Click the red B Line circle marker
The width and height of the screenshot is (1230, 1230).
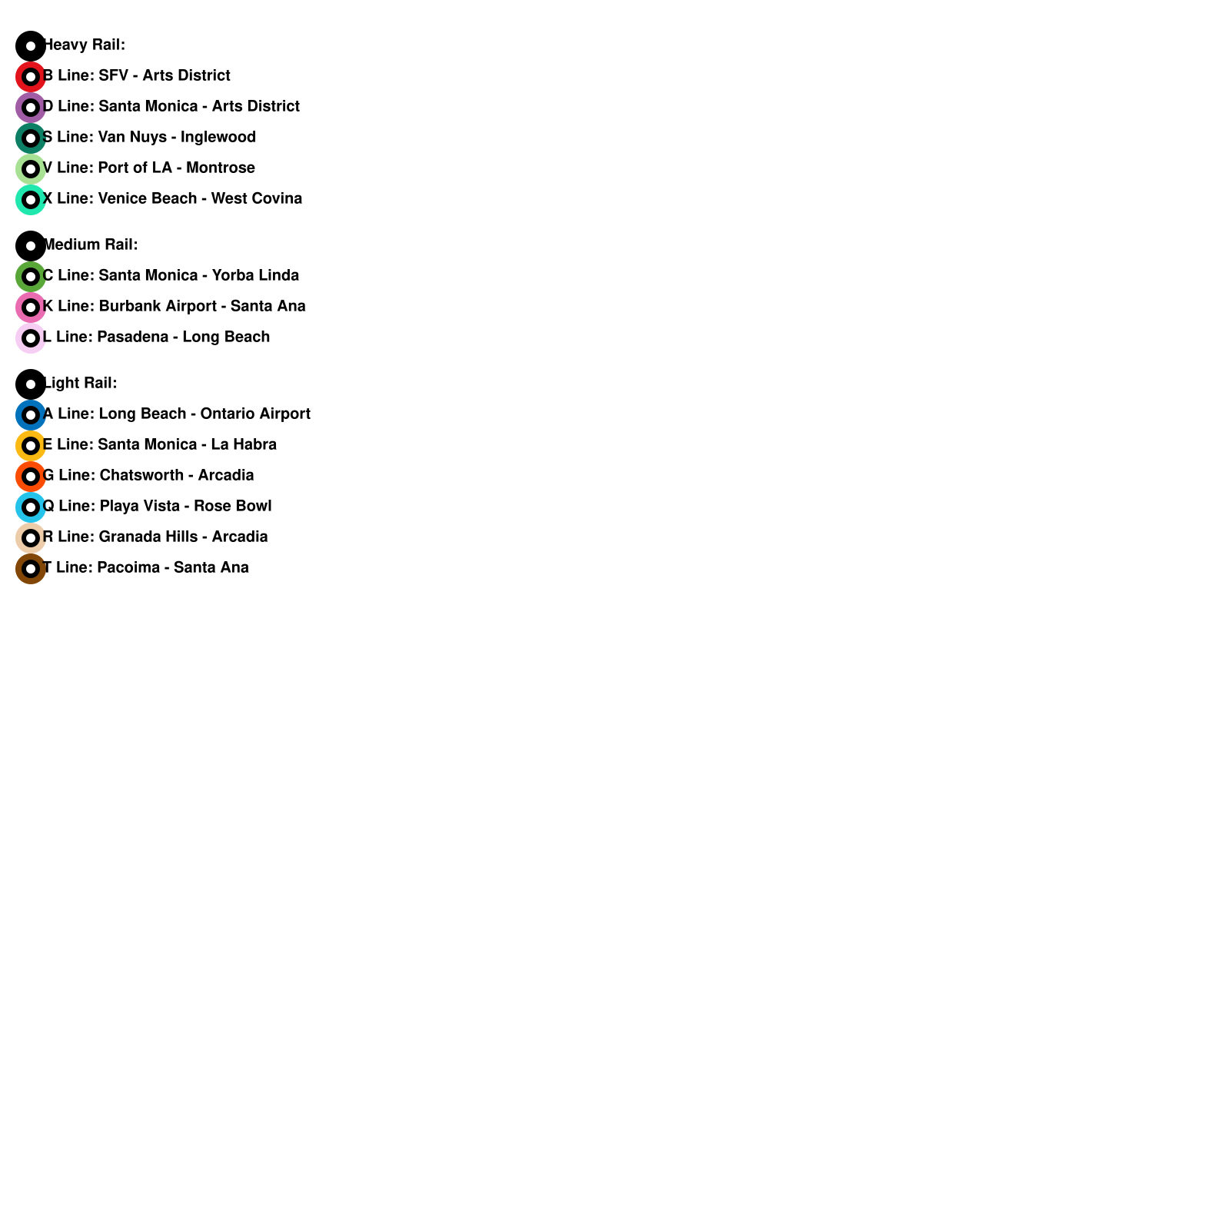[x=31, y=77]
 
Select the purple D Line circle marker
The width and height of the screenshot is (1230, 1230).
[x=31, y=108]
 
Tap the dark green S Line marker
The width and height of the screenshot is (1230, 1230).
[x=31, y=138]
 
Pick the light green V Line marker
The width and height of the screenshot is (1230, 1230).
[x=31, y=169]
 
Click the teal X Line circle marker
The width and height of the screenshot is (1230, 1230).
[x=31, y=200]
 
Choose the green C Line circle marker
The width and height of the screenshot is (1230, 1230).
[x=31, y=277]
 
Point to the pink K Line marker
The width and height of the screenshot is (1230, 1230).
[x=31, y=307]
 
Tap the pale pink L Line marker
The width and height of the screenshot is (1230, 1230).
[x=31, y=338]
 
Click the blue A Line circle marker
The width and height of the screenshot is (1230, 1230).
[x=31, y=415]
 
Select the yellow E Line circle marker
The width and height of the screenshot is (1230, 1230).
[x=31, y=446]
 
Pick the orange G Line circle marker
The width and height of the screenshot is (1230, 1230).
[x=31, y=477]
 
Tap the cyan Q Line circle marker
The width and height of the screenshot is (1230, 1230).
[x=31, y=507]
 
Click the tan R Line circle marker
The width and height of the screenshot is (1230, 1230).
[x=31, y=538]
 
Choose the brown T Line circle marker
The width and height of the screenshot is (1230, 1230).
[x=31, y=569]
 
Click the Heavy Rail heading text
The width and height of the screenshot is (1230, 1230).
[x=85, y=45]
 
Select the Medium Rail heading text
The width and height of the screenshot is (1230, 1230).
[x=91, y=245]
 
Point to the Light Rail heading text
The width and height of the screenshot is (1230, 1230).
[x=81, y=384]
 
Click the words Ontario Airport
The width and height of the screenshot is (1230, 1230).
[x=255, y=414]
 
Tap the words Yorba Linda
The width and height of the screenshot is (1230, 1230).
[x=255, y=276]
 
